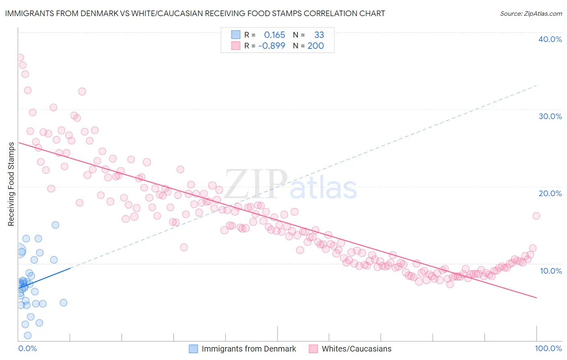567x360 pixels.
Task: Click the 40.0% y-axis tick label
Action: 550,39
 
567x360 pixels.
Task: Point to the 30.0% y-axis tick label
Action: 550,116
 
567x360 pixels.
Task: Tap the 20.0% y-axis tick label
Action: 550,193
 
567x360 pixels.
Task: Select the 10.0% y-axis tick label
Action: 551,270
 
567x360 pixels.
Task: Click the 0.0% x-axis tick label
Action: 27,348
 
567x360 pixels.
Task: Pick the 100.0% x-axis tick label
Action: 548,348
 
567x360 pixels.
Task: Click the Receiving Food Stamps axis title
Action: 11,184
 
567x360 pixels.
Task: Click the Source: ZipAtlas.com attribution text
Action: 531,13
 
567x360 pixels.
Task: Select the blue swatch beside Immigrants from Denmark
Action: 194,349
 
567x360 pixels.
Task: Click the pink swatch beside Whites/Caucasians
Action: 313,349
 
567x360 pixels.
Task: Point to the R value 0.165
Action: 274,35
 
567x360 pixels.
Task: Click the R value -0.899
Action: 272,46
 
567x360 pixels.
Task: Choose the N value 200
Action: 316,46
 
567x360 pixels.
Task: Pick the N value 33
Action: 319,35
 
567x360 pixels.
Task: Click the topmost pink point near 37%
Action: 20,57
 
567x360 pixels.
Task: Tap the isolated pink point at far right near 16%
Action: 536,216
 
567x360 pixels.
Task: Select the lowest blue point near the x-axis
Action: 27,335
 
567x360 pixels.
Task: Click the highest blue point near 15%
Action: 55,225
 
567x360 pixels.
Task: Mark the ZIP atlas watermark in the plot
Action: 290,184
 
